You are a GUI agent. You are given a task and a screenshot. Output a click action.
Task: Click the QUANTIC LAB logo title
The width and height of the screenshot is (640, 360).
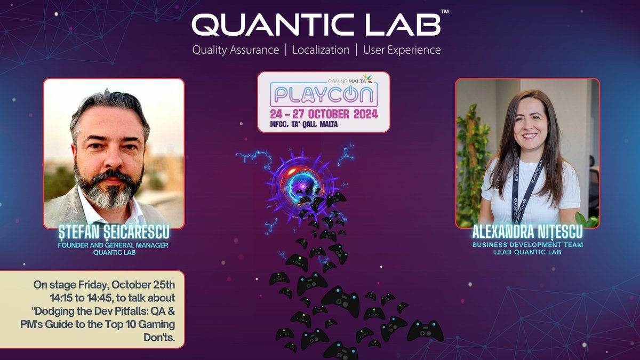(x=316, y=25)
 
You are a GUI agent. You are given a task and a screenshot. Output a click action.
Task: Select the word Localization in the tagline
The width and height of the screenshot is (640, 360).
(x=321, y=50)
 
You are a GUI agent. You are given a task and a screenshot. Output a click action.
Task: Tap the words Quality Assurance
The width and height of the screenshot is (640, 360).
(x=235, y=50)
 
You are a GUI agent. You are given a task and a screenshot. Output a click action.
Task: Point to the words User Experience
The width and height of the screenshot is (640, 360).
(x=402, y=50)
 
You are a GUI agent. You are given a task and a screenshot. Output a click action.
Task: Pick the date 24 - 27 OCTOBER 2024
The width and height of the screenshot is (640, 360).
(x=324, y=114)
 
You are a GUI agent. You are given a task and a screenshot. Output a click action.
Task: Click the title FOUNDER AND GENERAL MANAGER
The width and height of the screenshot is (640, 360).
(x=114, y=245)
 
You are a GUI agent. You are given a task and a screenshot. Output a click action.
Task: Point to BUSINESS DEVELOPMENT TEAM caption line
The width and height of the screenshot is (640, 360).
(x=527, y=245)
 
